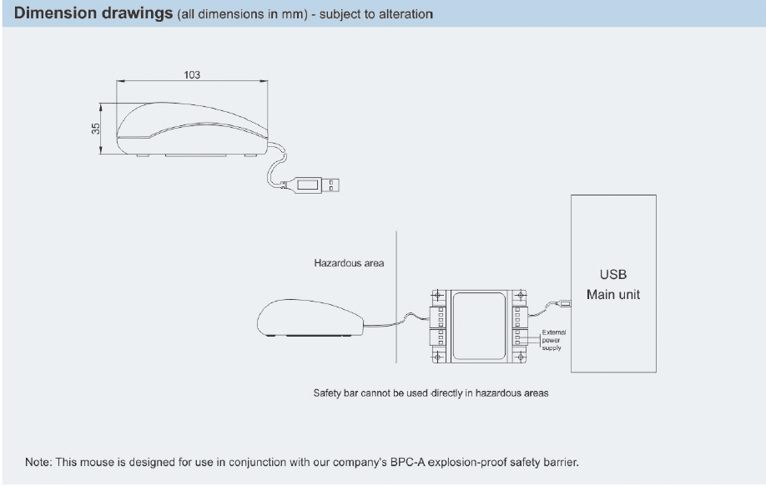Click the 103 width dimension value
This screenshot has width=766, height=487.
point(192,74)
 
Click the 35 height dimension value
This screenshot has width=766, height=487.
point(96,129)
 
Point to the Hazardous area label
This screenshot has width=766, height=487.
point(349,263)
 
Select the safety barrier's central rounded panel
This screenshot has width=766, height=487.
point(478,323)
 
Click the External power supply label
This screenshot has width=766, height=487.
point(554,339)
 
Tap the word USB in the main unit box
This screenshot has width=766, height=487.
point(612,274)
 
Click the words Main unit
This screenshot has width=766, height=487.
point(612,294)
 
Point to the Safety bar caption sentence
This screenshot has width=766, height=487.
point(431,393)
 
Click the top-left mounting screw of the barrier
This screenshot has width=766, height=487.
point(436,295)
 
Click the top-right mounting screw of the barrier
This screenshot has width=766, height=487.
point(521,295)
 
